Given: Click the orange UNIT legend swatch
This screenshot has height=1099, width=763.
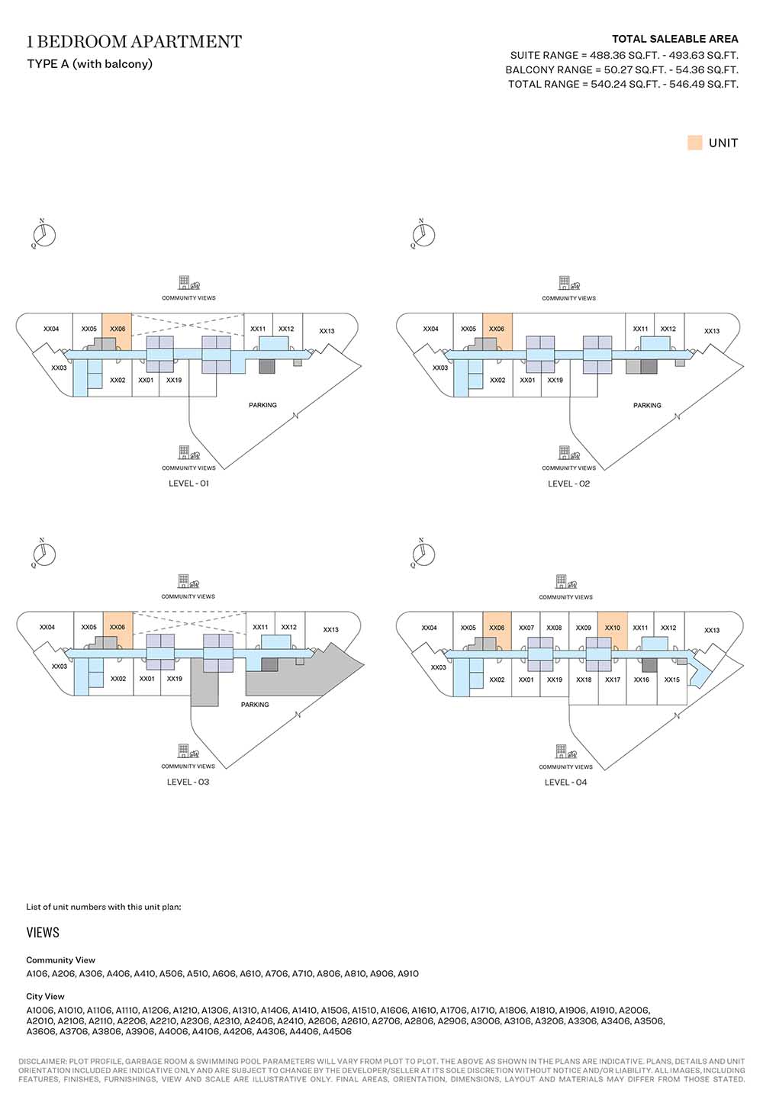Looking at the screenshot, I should pyautogui.click(x=694, y=143).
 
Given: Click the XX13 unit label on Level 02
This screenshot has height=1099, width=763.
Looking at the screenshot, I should pyautogui.click(x=712, y=331).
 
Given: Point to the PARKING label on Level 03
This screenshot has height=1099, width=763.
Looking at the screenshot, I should pyautogui.click(x=255, y=705).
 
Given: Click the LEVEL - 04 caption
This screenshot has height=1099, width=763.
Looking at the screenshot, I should pyautogui.click(x=565, y=782).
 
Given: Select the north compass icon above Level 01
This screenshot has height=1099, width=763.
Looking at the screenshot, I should pyautogui.click(x=44, y=234).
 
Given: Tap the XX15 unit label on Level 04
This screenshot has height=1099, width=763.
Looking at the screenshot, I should pyautogui.click(x=671, y=680).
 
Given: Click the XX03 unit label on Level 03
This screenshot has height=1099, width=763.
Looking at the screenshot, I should pyautogui.click(x=59, y=667).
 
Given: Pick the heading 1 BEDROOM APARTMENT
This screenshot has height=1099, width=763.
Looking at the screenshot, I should pyautogui.click(x=134, y=42).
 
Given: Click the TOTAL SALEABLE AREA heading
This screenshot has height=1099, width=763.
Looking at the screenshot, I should pyautogui.click(x=674, y=39).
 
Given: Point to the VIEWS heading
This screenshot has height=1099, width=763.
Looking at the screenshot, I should pyautogui.click(x=43, y=933).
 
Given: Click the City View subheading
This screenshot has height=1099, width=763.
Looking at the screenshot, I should pyautogui.click(x=45, y=996).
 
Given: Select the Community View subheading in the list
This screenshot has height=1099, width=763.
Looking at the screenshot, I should pyautogui.click(x=60, y=960).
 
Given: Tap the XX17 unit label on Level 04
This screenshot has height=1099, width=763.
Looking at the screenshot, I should pyautogui.click(x=613, y=680).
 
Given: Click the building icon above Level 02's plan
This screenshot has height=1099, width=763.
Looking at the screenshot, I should pyautogui.click(x=565, y=283).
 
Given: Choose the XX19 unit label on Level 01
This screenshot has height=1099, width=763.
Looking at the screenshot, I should pyautogui.click(x=174, y=380).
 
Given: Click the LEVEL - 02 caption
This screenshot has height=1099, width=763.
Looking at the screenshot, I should pyautogui.click(x=568, y=484).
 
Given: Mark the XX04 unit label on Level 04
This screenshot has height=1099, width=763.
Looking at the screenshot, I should pyautogui.click(x=429, y=628).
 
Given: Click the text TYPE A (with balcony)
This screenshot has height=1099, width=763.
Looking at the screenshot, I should pyautogui.click(x=89, y=64).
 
